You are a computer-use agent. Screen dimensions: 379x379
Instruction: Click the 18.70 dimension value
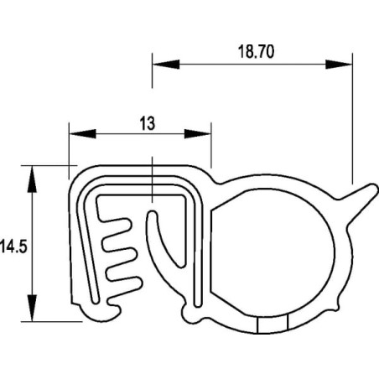click(x=256, y=52)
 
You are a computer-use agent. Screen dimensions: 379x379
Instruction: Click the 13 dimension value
click(x=148, y=123)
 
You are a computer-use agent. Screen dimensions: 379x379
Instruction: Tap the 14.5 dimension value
click(x=13, y=247)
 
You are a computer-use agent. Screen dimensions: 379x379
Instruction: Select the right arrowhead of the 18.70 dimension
click(x=339, y=65)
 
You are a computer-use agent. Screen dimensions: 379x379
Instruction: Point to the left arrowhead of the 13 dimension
click(x=83, y=134)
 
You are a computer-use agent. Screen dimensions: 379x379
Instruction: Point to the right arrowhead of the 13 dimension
click(x=197, y=134)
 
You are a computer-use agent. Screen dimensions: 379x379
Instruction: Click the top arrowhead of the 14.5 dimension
click(x=32, y=179)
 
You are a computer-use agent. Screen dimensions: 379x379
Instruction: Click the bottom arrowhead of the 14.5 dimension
click(x=32, y=308)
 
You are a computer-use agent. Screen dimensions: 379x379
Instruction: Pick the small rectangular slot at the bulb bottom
click(x=272, y=324)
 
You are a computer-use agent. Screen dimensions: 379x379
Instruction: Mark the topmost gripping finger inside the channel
click(x=115, y=226)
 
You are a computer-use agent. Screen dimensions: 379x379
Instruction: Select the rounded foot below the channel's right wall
click(x=191, y=314)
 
